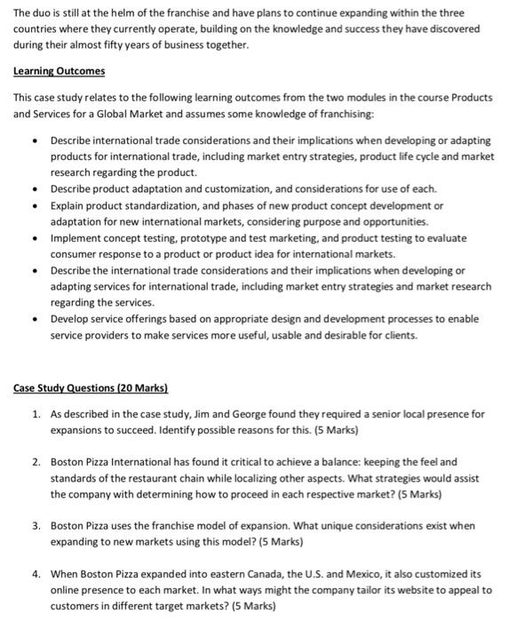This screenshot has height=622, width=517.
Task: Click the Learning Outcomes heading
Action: click(x=60, y=71)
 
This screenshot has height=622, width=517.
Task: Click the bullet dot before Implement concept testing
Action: click(x=33, y=237)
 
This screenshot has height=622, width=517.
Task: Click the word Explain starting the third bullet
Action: click(x=69, y=205)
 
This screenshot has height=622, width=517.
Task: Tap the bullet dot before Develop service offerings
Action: click(x=33, y=318)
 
